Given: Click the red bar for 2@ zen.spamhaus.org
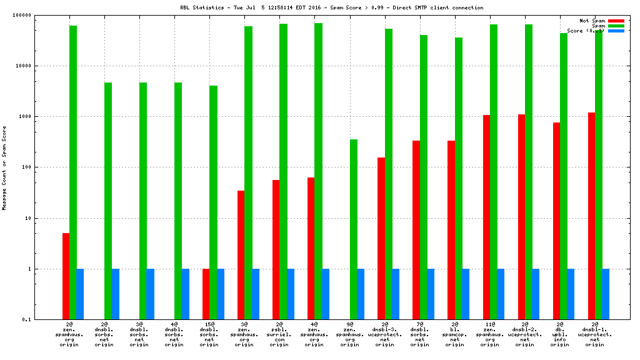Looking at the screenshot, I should click(66, 276).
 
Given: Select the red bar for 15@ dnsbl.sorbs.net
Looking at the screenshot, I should click(206, 294).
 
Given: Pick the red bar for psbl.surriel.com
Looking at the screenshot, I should click(276, 249).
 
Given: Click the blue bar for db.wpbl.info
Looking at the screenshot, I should click(571, 294).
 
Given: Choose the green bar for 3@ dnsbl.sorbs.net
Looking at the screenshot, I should click(143, 200).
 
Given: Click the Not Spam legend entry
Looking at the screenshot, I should click(592, 21).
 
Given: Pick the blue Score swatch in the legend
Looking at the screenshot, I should click(616, 31).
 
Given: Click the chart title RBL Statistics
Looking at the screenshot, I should click(319, 7).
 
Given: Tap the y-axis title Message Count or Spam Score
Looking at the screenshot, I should click(5, 167).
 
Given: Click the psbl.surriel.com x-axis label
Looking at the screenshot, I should click(280, 334).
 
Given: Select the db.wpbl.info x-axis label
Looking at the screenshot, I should click(560, 334).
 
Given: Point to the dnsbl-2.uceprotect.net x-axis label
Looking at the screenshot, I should click(525, 334).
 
